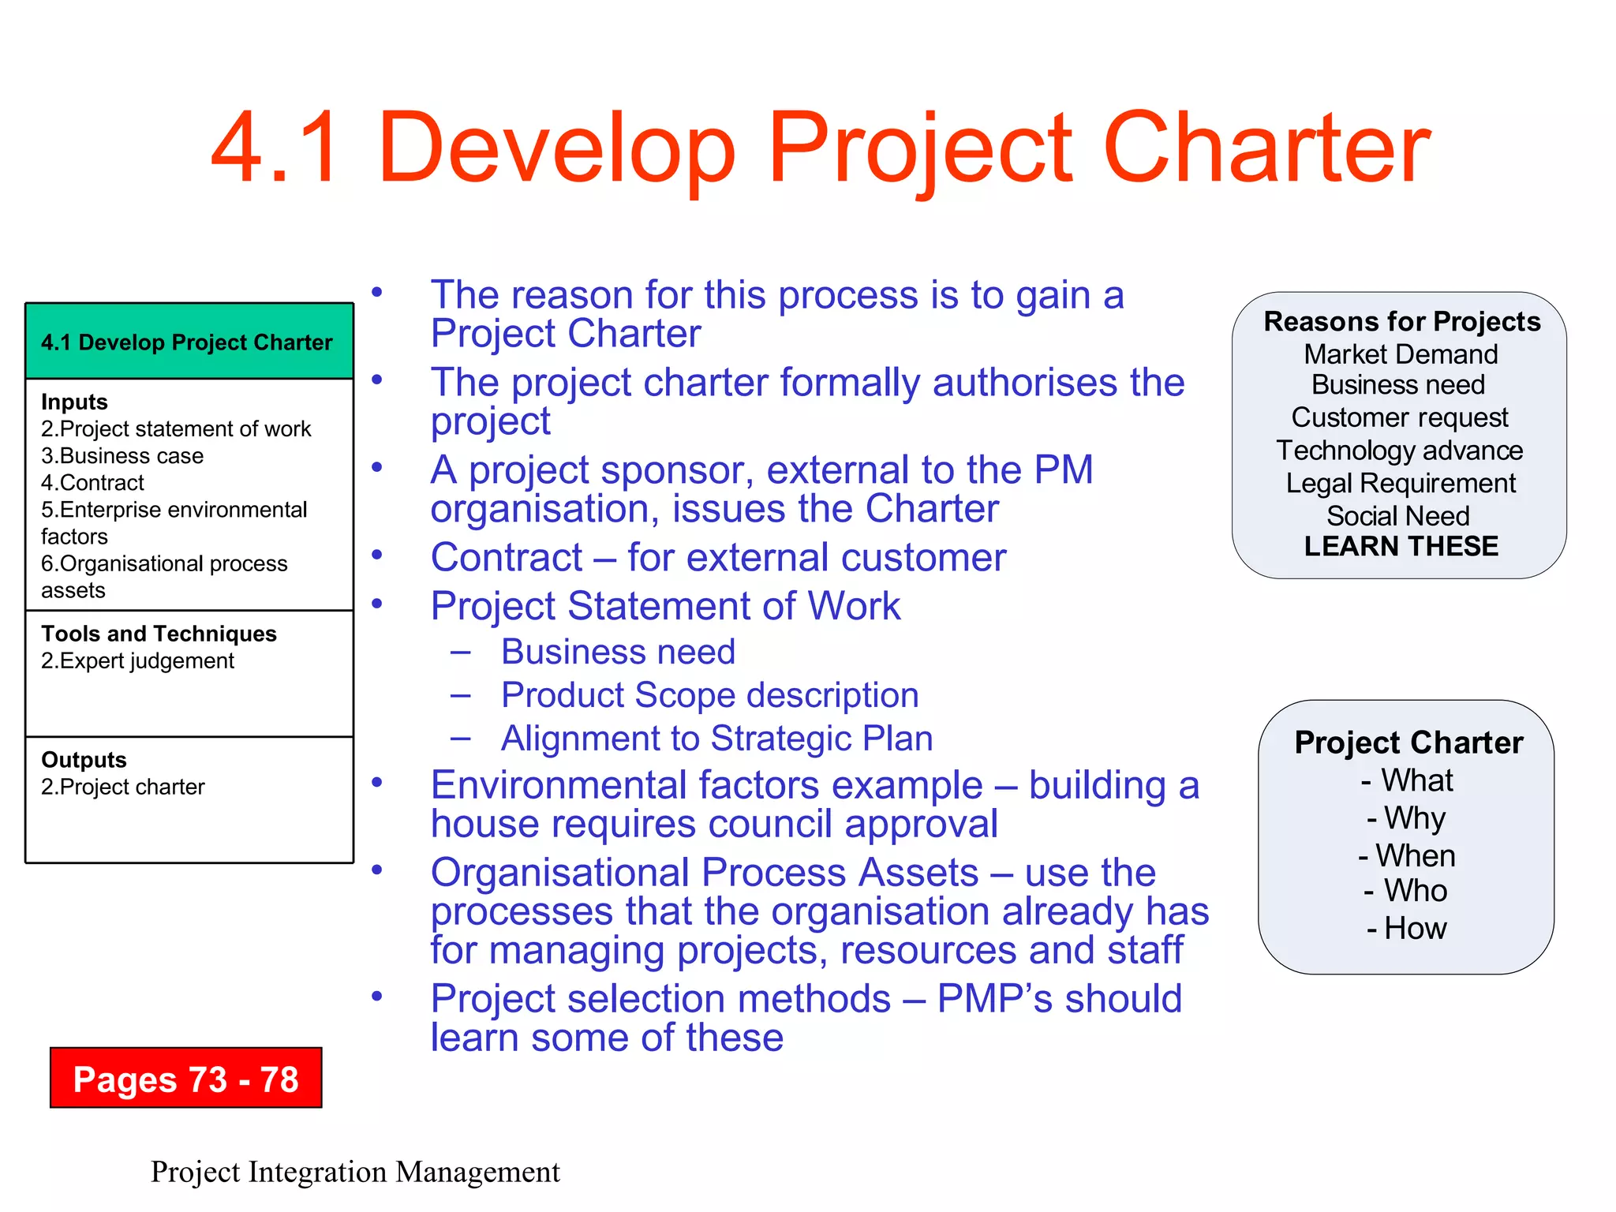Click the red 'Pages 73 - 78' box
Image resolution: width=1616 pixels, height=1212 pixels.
(x=185, y=1078)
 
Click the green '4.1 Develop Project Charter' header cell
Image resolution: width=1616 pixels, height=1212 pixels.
(x=187, y=342)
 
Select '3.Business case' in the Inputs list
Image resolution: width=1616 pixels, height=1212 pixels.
(x=122, y=456)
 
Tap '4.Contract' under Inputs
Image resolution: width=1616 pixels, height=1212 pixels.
(x=93, y=483)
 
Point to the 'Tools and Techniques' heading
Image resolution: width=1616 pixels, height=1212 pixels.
(x=159, y=634)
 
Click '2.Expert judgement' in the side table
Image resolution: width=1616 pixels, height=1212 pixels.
(x=138, y=660)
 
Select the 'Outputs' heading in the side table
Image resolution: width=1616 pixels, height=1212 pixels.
(x=84, y=760)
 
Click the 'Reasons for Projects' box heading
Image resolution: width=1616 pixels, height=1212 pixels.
(x=1401, y=322)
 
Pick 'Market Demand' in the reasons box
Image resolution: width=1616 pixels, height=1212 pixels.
(x=1400, y=354)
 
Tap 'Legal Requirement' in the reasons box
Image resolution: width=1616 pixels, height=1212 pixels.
(x=1401, y=483)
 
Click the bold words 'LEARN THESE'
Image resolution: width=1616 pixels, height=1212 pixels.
(x=1401, y=546)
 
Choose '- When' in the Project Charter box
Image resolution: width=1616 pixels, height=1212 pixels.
(x=1407, y=855)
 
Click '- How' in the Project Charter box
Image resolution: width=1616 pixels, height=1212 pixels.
(x=1407, y=928)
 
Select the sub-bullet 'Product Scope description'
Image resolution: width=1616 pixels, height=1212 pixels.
(x=709, y=695)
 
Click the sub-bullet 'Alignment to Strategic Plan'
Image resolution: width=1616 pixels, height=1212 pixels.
(x=716, y=739)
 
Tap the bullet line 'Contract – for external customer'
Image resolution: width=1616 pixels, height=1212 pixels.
(x=718, y=558)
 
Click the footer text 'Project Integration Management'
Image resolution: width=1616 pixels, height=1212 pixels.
(x=355, y=1172)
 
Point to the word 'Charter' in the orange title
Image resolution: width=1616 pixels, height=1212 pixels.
(x=1266, y=148)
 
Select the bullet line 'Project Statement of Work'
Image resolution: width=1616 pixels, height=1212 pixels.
(x=665, y=606)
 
